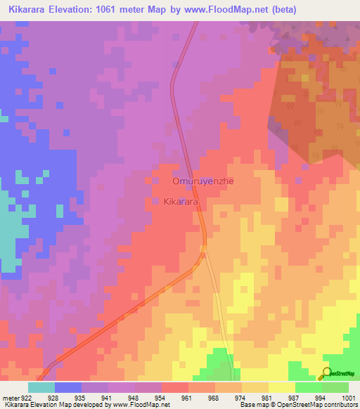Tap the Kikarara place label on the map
tap(180, 202)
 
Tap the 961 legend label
tap(187, 398)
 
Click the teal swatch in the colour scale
tap(41, 387)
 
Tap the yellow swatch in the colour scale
tap(281, 387)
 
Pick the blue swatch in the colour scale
tap(68, 387)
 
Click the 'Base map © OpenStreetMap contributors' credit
tap(297, 405)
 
